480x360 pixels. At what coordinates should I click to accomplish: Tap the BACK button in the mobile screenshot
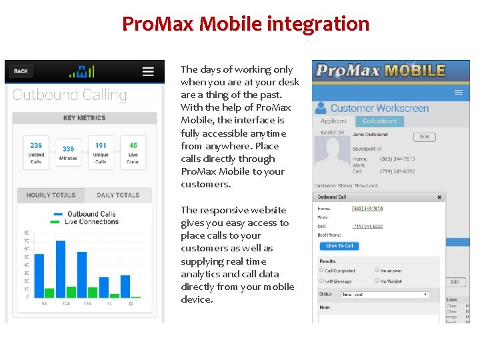(x=21, y=71)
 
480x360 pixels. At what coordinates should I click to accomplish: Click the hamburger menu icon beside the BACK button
(x=148, y=71)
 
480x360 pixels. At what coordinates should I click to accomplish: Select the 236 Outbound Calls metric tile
(x=36, y=153)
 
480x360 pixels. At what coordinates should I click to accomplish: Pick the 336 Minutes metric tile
(x=68, y=153)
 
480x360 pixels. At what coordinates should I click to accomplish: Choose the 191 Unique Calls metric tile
(x=101, y=153)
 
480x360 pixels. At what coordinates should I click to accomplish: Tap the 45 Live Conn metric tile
(x=133, y=153)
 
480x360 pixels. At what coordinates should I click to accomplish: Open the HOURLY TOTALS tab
(x=51, y=195)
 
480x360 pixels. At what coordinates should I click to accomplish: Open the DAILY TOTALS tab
(x=118, y=195)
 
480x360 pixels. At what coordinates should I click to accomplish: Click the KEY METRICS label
(x=84, y=118)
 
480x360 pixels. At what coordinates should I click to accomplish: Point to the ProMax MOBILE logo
(x=381, y=71)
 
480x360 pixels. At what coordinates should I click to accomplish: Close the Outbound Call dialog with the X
(x=439, y=197)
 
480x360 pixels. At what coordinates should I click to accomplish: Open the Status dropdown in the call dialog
(x=385, y=294)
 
